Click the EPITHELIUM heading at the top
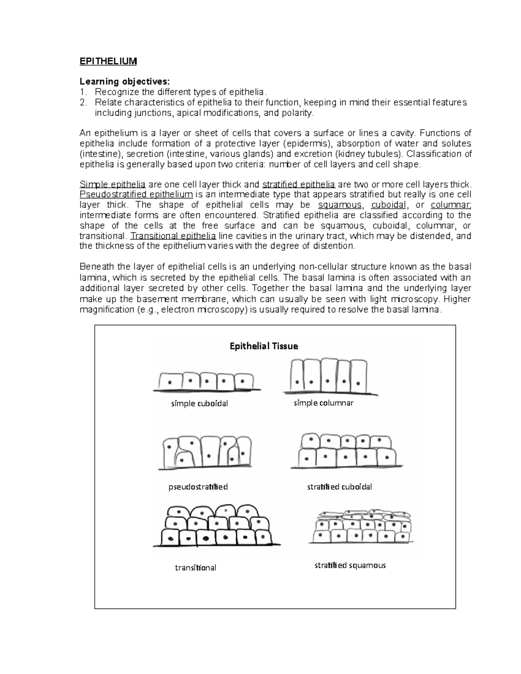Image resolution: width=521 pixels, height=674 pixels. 108,61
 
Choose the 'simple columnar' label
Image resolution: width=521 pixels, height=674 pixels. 323,403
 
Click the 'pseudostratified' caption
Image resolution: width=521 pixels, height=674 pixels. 198,487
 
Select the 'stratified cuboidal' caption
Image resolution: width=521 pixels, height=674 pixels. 340,487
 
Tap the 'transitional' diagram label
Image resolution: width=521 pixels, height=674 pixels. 195,568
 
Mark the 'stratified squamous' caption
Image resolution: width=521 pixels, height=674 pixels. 350,565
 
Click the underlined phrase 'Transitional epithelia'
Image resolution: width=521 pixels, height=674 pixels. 173,236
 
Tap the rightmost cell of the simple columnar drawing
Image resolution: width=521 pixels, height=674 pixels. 358,375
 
